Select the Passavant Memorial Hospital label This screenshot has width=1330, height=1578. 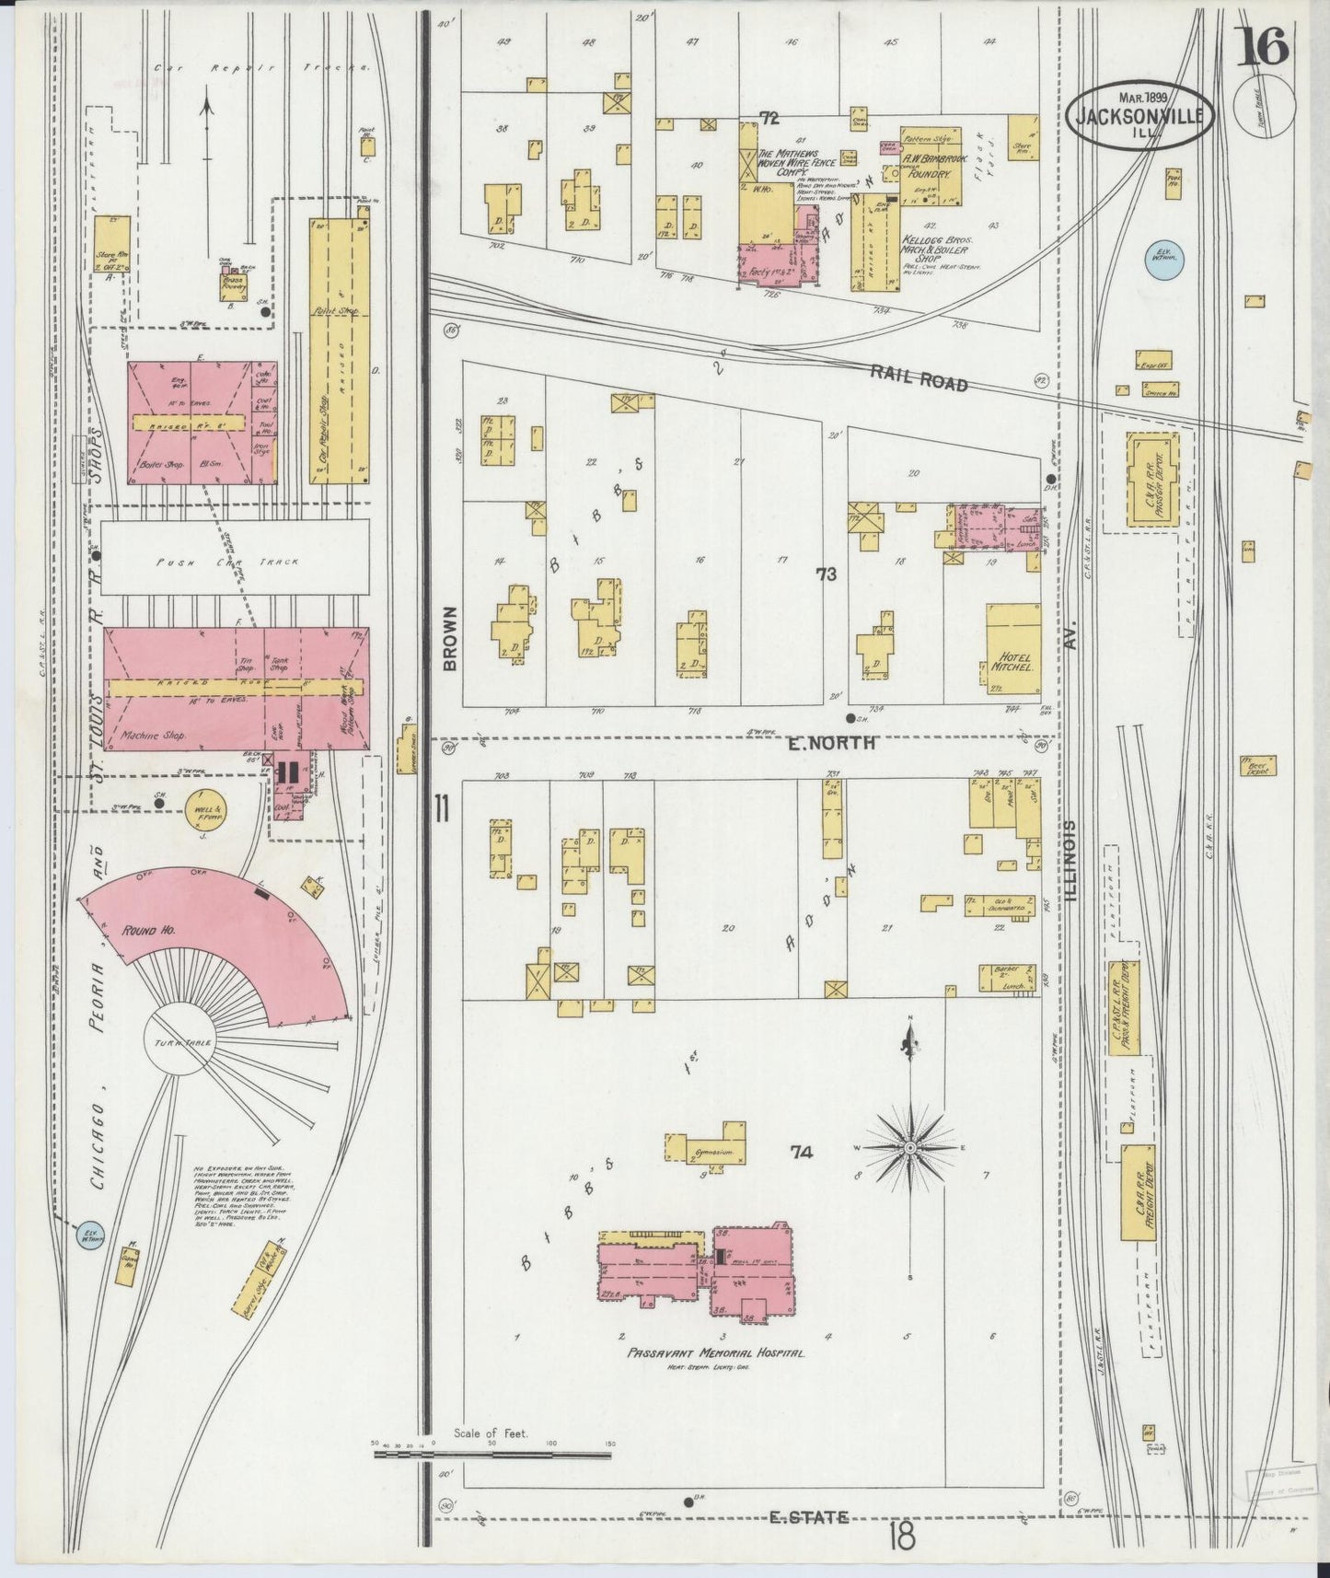point(716,1353)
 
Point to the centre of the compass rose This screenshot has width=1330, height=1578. point(910,1148)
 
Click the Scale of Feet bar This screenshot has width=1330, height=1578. point(493,1456)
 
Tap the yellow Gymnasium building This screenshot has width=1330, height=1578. point(707,1151)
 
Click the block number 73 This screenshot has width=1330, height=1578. point(826,574)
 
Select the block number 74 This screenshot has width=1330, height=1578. point(803,1151)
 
